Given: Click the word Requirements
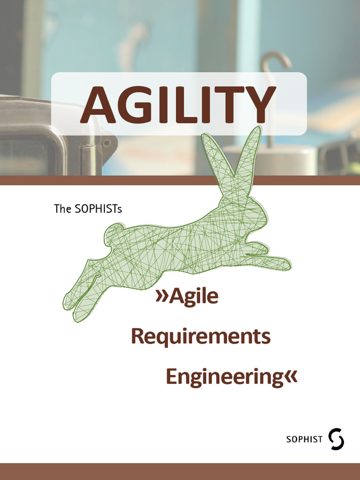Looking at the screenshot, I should click(200, 337).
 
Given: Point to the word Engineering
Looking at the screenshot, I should click(224, 377).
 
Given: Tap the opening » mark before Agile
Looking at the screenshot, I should click(162, 297).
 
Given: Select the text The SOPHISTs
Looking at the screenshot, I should click(88, 209).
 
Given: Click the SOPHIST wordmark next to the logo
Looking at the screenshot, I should click(304, 439).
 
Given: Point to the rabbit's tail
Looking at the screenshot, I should click(114, 233).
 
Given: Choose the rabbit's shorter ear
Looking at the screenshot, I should click(216, 159).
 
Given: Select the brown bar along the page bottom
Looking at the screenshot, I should click(180, 471).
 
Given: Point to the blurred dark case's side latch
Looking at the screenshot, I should click(107, 145).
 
